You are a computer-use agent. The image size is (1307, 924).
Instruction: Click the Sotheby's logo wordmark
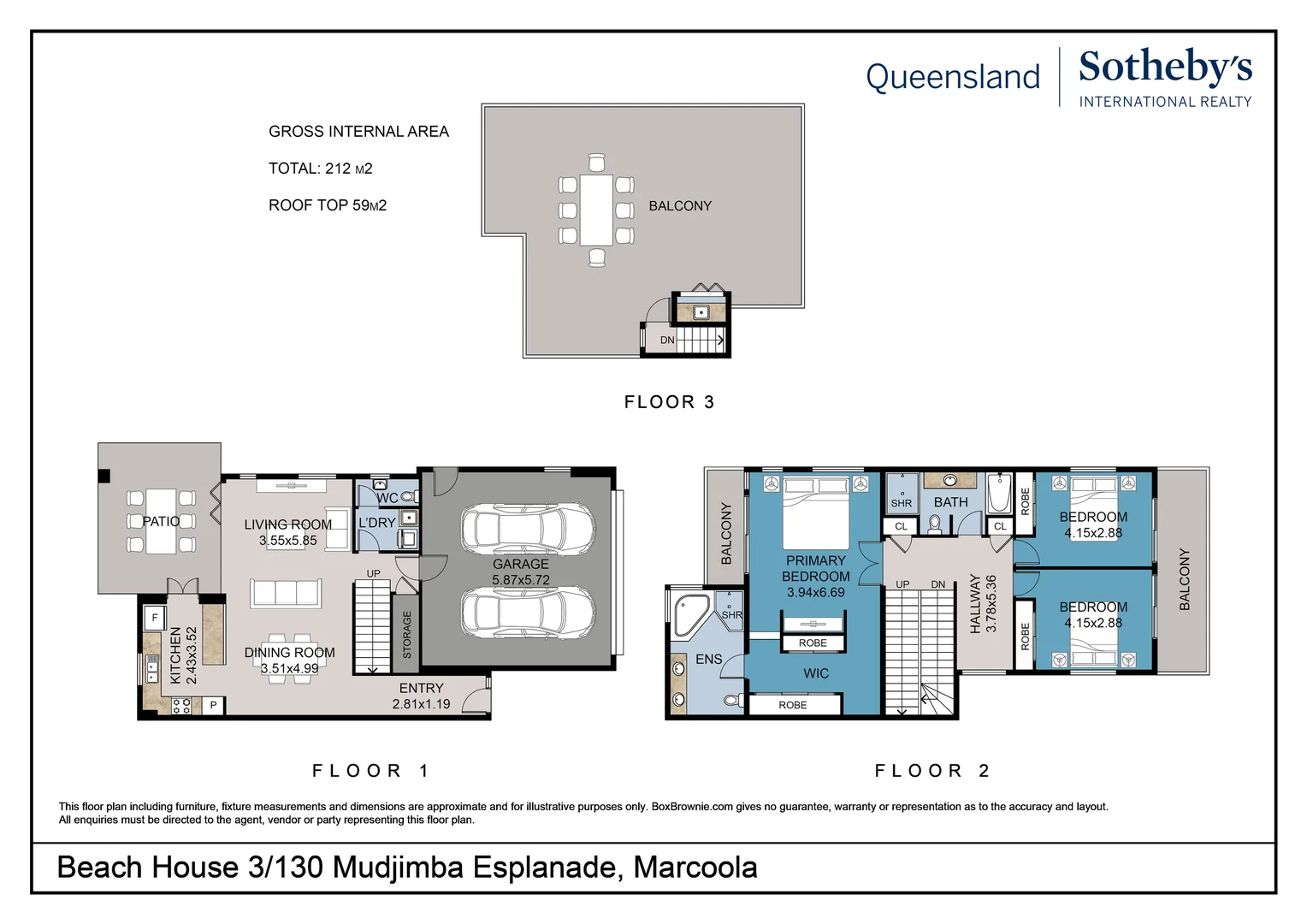[x=1165, y=68]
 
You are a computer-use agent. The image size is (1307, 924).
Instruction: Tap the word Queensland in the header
[x=953, y=77]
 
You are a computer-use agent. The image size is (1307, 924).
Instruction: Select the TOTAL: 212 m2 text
[x=320, y=168]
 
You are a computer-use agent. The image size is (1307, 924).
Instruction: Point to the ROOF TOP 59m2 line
[x=328, y=204]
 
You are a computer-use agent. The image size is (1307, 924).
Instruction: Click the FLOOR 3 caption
[x=669, y=401]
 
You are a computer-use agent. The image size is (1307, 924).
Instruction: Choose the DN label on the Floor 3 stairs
[x=667, y=340]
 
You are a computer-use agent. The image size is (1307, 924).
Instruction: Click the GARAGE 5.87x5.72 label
[x=520, y=572]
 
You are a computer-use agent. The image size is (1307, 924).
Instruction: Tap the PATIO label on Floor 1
[x=161, y=521]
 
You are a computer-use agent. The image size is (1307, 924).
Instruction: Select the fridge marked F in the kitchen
[x=155, y=618]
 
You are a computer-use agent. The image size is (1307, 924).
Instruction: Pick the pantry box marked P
[x=214, y=705]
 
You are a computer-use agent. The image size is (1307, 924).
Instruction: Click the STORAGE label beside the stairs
[x=407, y=635]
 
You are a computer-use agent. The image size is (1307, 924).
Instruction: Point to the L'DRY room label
[x=377, y=523]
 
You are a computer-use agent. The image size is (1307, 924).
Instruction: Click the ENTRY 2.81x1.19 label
[x=422, y=696]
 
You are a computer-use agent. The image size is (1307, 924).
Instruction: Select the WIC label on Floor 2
[x=816, y=673]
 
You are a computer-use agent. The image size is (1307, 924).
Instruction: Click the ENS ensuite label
[x=709, y=659]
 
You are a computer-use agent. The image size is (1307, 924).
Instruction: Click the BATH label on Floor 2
[x=950, y=502]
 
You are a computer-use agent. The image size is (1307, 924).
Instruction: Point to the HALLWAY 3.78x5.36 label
[x=983, y=603]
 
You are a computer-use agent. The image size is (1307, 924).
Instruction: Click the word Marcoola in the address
[x=695, y=867]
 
